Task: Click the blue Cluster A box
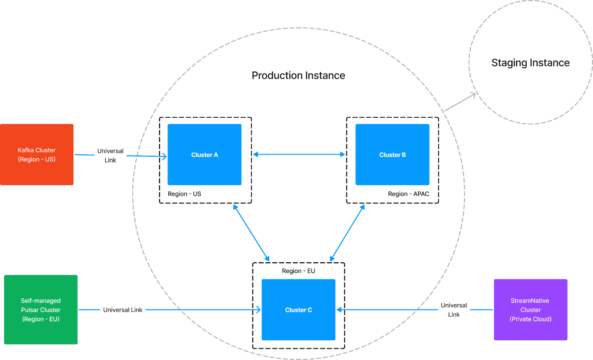[x=205, y=154]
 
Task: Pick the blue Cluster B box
[x=392, y=154]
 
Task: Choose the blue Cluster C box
[x=298, y=310]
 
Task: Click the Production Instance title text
[x=298, y=76]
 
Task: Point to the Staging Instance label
[x=530, y=63]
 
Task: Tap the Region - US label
[x=184, y=194]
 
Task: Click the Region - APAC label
[x=408, y=194]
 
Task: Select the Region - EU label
[x=298, y=271]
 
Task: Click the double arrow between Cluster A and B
[x=299, y=154]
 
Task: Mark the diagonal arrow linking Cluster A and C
[x=251, y=233]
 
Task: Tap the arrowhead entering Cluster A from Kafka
[x=164, y=156]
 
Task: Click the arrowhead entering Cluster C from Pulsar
[x=258, y=310]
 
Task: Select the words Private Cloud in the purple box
[x=530, y=319]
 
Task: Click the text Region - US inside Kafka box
[x=37, y=159]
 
